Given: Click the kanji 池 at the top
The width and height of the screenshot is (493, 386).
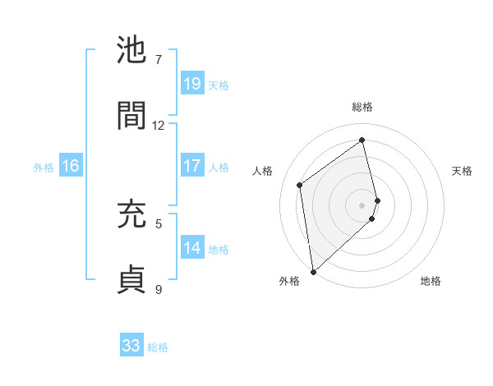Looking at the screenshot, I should (132, 51).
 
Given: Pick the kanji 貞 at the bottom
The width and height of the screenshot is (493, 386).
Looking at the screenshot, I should (132, 278).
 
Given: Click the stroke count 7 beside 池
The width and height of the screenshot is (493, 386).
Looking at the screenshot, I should (159, 60).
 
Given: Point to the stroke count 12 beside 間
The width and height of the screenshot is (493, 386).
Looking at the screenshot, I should (159, 125).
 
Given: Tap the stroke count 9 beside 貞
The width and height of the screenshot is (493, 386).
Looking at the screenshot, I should (159, 288).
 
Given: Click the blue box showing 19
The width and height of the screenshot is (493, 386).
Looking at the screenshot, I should (192, 84).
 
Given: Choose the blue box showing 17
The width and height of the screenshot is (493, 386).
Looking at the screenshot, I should (192, 166).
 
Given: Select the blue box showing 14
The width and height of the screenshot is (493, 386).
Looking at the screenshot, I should (192, 248).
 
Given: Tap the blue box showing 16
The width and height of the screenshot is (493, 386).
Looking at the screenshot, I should (71, 166).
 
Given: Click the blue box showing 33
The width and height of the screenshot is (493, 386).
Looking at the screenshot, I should (131, 346).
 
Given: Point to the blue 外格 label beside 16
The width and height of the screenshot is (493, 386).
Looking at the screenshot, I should (44, 167).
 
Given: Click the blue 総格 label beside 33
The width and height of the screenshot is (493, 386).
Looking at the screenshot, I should (158, 347).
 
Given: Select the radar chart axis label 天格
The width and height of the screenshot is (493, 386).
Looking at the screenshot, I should (463, 171).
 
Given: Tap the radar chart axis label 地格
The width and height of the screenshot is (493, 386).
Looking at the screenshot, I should (431, 281).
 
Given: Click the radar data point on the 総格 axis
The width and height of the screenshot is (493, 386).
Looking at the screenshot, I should (362, 140).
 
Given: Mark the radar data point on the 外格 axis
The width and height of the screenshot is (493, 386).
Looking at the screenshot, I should (313, 271).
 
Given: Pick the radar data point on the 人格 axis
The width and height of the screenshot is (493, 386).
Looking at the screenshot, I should (300, 185).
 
